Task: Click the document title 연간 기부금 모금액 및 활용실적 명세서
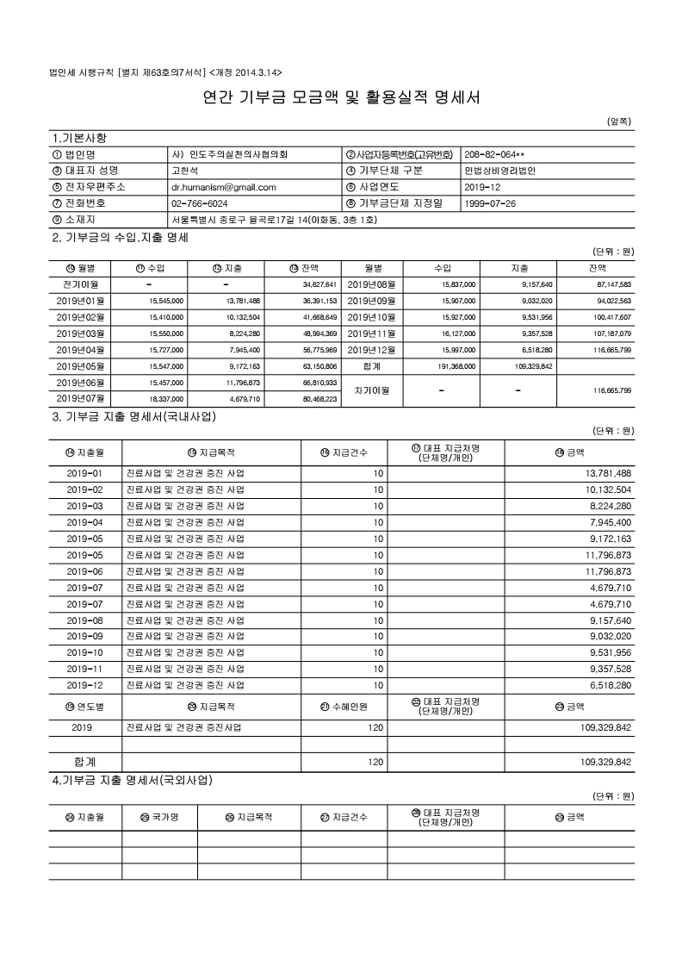(341, 98)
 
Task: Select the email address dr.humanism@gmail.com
(224, 186)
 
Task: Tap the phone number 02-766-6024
(200, 203)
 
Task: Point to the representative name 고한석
(186, 170)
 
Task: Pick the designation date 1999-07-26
(490, 203)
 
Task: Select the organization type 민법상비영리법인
(499, 170)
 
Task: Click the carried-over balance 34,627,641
(319, 284)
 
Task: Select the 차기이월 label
(372, 390)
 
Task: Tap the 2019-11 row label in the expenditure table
(84, 669)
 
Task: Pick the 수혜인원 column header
(344, 707)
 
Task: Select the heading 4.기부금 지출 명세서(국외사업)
(133, 781)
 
